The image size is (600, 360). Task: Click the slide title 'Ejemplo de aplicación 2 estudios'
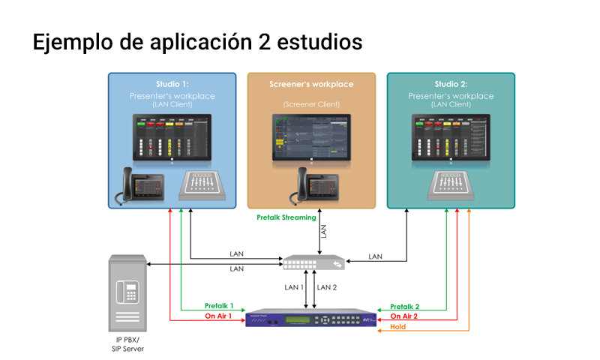click(x=197, y=43)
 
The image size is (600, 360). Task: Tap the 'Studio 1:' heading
click(x=172, y=84)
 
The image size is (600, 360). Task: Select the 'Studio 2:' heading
click(x=451, y=84)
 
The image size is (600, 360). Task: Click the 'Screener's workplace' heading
click(x=311, y=84)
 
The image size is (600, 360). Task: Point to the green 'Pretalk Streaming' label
click(x=286, y=217)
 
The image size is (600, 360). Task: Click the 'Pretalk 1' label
click(x=220, y=306)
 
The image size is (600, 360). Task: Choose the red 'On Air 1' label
click(x=220, y=316)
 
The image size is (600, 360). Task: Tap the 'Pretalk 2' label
click(x=405, y=306)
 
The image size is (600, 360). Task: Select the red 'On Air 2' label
click(x=405, y=316)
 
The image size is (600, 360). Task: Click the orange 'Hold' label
click(x=398, y=326)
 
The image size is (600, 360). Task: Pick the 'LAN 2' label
click(x=328, y=287)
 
